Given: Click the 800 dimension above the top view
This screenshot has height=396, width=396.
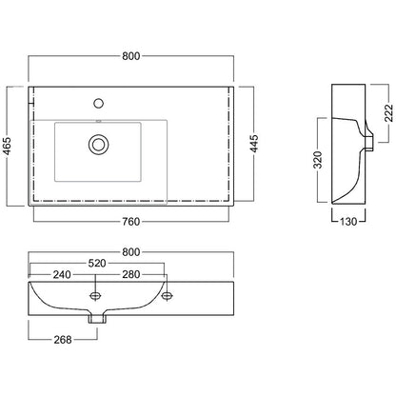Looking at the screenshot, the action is [131, 56].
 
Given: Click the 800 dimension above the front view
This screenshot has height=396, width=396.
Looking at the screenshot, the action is [131, 252].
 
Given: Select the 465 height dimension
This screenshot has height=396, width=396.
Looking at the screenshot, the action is [7, 146].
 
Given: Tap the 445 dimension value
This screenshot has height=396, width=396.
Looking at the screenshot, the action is [254, 144].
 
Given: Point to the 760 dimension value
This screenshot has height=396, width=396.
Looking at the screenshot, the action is [131, 222].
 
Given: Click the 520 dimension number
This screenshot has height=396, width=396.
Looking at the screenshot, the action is [97, 264].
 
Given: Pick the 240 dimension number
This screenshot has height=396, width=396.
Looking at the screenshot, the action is [62, 274].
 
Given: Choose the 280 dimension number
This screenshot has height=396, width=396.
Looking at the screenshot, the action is [131, 274].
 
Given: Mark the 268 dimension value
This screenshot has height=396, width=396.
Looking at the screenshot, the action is [63, 340].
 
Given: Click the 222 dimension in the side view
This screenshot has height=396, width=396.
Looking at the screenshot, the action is [388, 113].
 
